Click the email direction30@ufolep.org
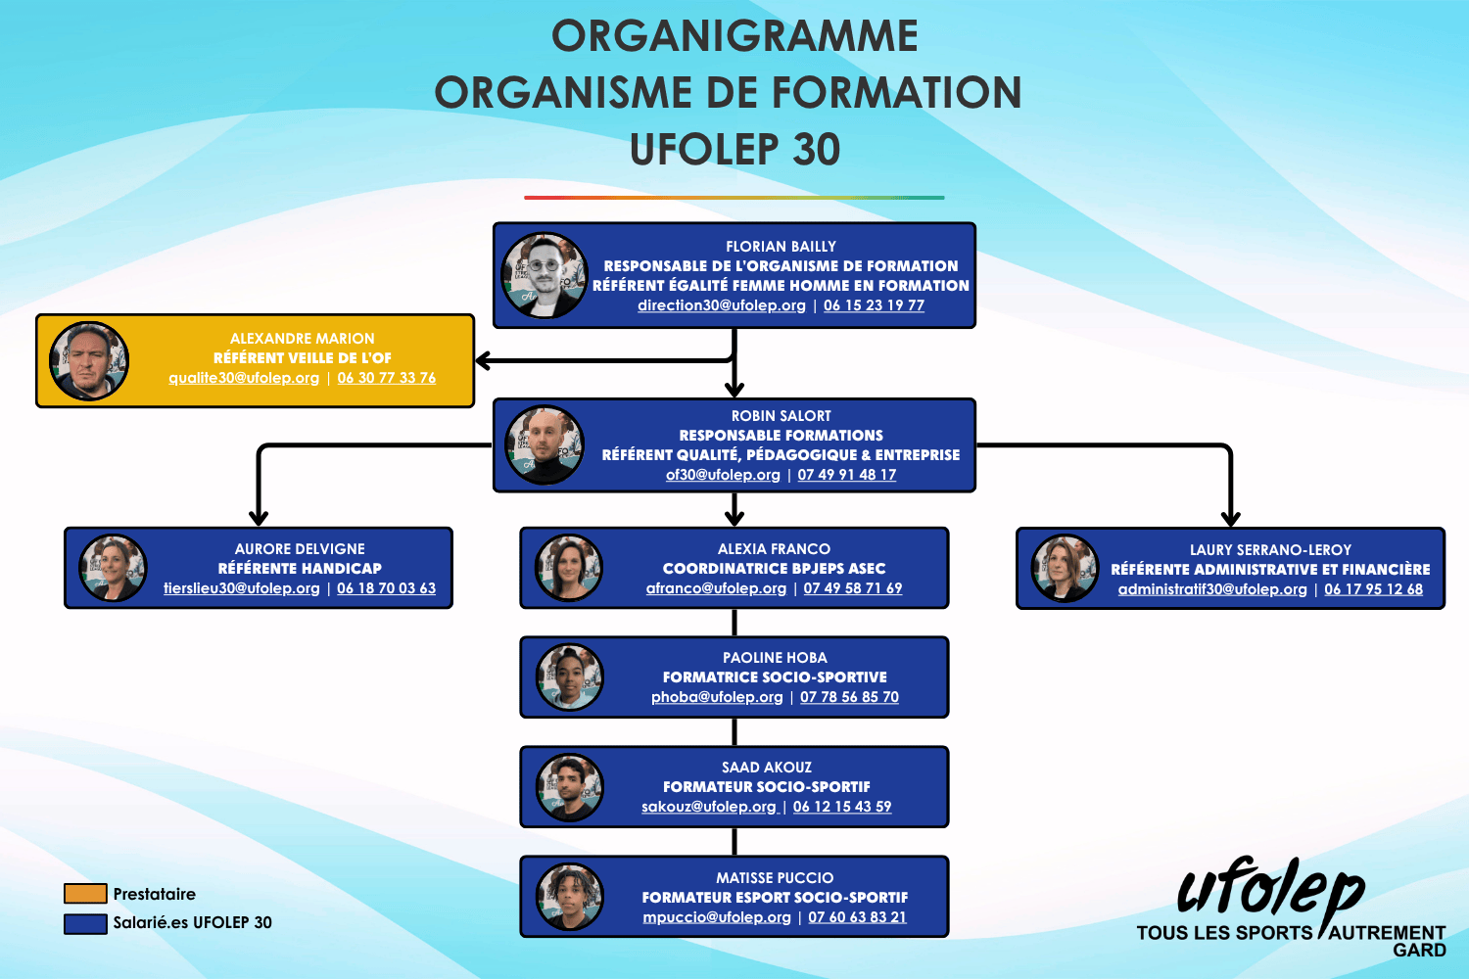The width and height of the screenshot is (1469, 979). pyautogui.click(x=721, y=305)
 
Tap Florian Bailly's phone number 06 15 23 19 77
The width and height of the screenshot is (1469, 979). pyautogui.click(x=874, y=305)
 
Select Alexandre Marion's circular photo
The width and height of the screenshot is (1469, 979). pyautogui.click(x=89, y=360)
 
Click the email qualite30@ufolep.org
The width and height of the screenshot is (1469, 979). pyautogui.click(x=244, y=378)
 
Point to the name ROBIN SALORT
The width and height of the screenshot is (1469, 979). pyautogui.click(x=781, y=416)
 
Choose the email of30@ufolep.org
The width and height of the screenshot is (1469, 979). pyautogui.click(x=723, y=475)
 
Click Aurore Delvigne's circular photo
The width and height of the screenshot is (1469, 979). pyautogui.click(x=113, y=568)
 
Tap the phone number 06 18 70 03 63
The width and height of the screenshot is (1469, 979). pyautogui.click(x=386, y=588)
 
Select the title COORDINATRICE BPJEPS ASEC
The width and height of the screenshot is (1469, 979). pyautogui.click(x=774, y=569)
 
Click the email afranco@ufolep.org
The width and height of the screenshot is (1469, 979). pyautogui.click(x=716, y=588)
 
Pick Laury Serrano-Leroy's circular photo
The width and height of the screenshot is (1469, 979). pyautogui.click(x=1065, y=568)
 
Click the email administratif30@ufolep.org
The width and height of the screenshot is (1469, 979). pyautogui.click(x=1212, y=589)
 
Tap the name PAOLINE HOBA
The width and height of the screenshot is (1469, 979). pyautogui.click(x=775, y=658)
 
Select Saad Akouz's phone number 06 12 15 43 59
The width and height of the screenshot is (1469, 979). pyautogui.click(x=842, y=807)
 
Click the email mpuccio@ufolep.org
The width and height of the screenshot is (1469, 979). pyautogui.click(x=717, y=917)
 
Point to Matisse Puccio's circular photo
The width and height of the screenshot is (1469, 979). pyautogui.click(x=569, y=896)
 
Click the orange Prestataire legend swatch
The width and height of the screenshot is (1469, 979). pyautogui.click(x=85, y=894)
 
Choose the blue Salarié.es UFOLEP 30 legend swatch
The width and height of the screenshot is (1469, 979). pyautogui.click(x=85, y=923)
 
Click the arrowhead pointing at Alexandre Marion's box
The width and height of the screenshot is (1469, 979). pyautogui.click(x=483, y=360)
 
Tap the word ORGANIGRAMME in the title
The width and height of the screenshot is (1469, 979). pyautogui.click(x=734, y=36)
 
